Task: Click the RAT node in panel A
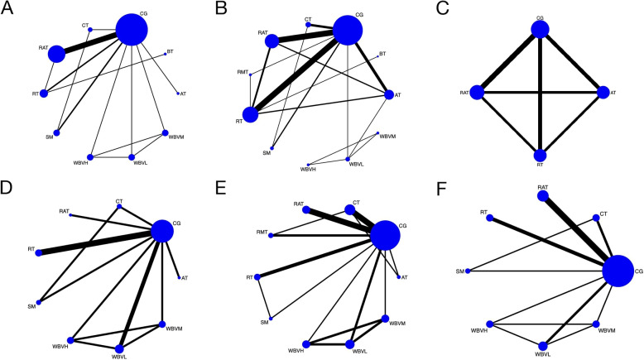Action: (56, 54)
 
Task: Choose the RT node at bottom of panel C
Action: (540, 155)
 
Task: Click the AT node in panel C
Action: (603, 92)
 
